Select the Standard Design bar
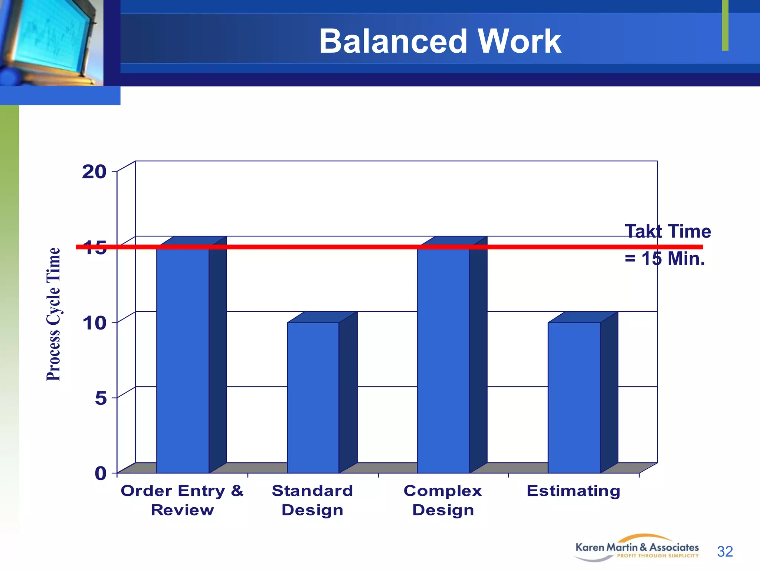(313, 397)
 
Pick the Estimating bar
(574, 397)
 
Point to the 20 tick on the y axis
(94, 172)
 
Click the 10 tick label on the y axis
(94, 323)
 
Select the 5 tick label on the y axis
(101, 399)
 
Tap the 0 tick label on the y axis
(101, 474)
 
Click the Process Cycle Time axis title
(53, 314)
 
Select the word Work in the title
(520, 41)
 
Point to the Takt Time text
(668, 231)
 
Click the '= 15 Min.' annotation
(665, 259)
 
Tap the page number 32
(725, 551)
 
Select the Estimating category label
(573, 491)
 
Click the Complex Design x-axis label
(443, 500)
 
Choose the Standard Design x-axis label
(312, 500)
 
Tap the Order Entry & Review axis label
(182, 500)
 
